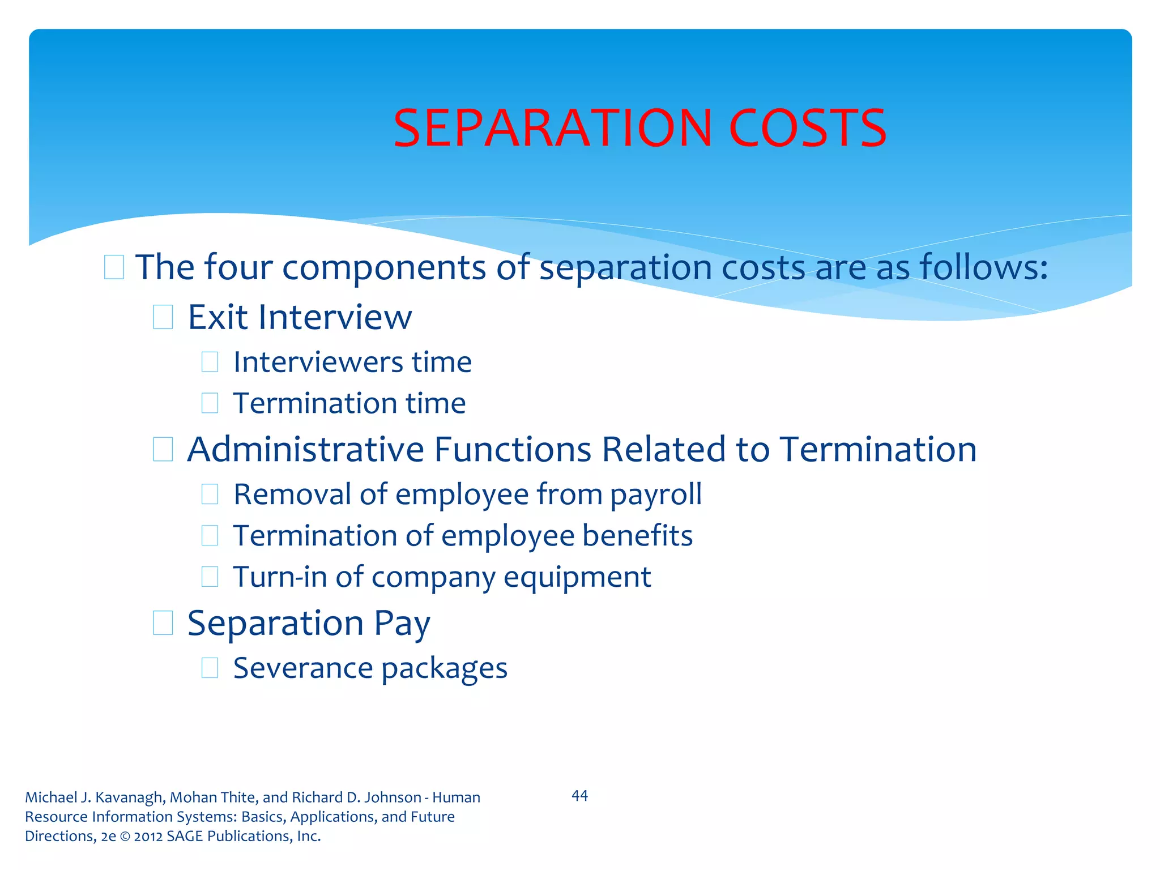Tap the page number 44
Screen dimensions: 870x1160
[579, 796]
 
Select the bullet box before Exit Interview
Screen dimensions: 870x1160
[163, 317]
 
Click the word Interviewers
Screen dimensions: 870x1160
[318, 362]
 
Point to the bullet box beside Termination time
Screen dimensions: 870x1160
[210, 403]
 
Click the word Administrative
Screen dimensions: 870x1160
[305, 450]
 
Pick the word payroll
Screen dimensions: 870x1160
[656, 495]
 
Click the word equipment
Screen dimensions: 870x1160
[577, 578]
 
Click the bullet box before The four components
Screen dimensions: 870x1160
[114, 267]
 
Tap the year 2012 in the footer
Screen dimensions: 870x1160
[148, 836]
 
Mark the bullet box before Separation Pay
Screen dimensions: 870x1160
[163, 623]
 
